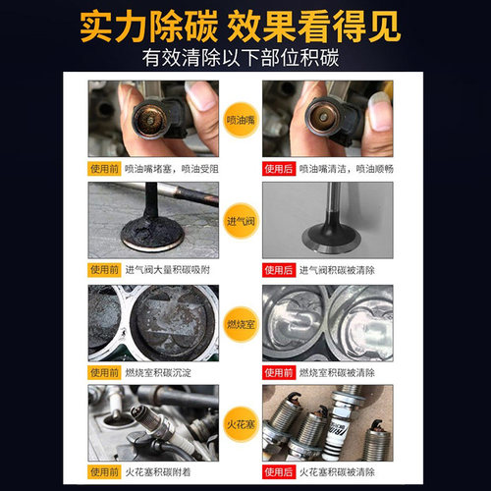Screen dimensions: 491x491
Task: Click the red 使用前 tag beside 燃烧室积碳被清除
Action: point(278,373)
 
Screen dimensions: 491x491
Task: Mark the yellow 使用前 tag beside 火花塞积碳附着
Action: point(105,474)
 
